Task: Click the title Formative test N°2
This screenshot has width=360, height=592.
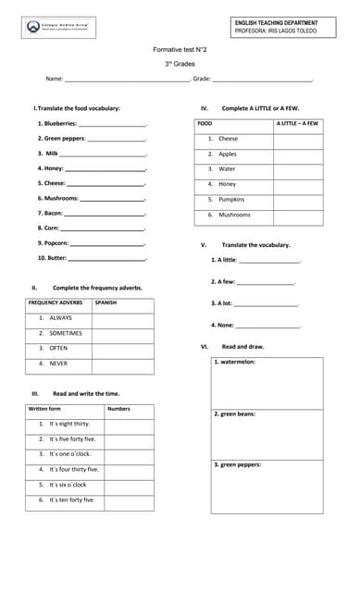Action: (x=180, y=49)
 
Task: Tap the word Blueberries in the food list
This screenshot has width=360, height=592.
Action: (x=57, y=123)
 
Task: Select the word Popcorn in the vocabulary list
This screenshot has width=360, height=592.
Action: (x=54, y=242)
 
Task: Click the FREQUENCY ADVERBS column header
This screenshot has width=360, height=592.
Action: (x=56, y=302)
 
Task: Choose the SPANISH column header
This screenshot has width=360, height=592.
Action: (x=106, y=302)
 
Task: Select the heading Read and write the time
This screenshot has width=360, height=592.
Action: (x=86, y=393)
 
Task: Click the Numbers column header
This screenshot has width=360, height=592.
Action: (x=118, y=408)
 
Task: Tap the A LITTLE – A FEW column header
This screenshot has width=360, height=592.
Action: (x=297, y=123)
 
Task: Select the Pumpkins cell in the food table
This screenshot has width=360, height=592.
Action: (x=231, y=199)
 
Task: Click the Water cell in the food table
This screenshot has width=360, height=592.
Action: (x=227, y=169)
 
